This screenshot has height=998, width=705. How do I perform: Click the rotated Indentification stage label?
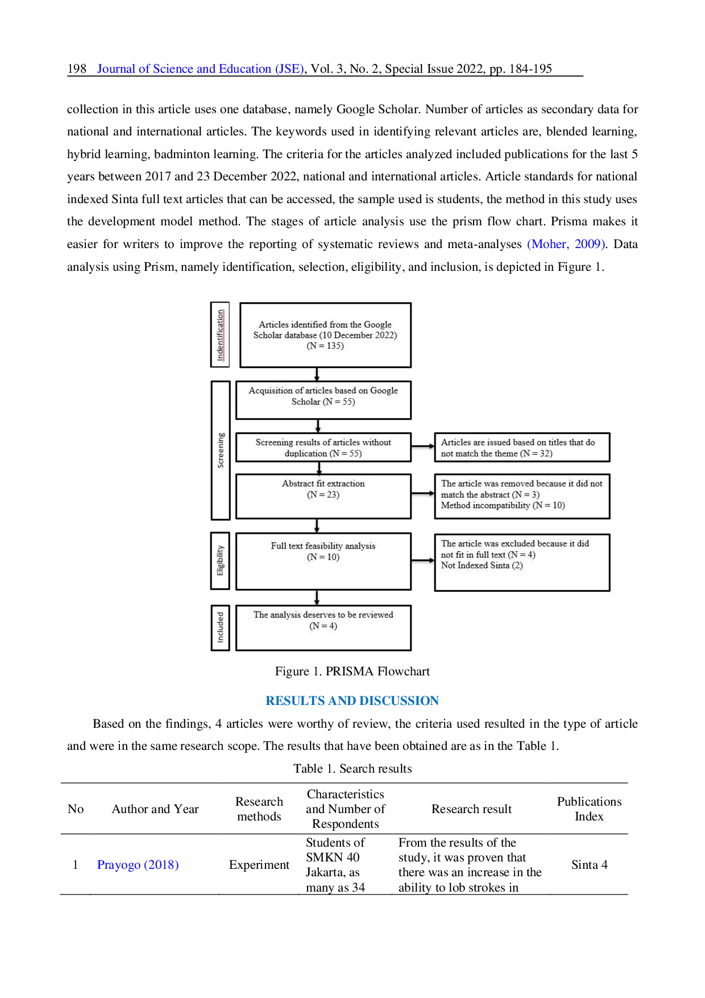point(220,335)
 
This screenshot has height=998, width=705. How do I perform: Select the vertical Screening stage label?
point(221,450)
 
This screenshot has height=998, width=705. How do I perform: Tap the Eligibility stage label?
point(220,561)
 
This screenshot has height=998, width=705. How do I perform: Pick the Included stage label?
point(220,628)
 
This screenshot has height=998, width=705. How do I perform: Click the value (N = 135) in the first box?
point(325,346)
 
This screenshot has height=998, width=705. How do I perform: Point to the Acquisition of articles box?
point(323,400)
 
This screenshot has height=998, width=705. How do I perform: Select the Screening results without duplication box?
point(323,448)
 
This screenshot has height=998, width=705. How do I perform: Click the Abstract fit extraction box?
point(323,496)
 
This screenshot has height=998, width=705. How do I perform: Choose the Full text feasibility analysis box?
point(323,561)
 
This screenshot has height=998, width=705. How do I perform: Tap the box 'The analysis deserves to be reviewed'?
point(323,627)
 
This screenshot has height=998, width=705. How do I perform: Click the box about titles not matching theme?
point(521,448)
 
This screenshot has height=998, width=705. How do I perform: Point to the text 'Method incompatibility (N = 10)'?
point(503,505)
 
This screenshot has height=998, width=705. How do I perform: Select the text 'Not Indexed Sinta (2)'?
point(482,565)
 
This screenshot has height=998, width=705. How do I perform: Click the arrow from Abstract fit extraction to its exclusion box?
point(422,494)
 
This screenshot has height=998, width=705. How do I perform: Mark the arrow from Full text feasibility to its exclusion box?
point(422,560)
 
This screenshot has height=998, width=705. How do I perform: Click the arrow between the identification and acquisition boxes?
point(317,374)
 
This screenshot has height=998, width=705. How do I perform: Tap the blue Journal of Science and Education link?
point(200,69)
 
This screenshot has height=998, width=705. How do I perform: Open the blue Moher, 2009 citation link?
point(566,244)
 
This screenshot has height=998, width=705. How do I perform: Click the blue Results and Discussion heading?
point(353,699)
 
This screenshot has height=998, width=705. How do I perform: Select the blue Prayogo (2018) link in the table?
point(138,864)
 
